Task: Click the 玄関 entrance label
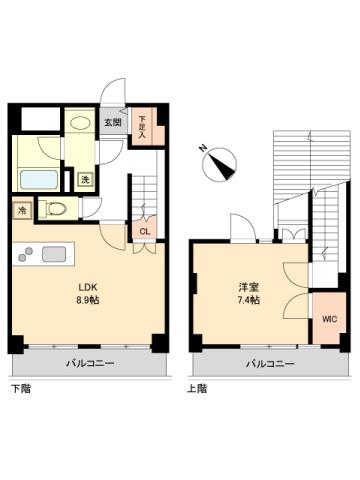point(113,124)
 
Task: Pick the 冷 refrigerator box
point(21,211)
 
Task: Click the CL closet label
point(145,232)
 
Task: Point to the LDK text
point(90,283)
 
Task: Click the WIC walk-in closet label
point(327,320)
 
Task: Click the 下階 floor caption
point(21,387)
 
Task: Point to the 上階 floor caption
point(197,387)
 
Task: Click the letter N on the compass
point(203,148)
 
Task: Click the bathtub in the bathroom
point(39,182)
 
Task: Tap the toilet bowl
point(57,210)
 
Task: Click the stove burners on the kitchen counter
point(25,254)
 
